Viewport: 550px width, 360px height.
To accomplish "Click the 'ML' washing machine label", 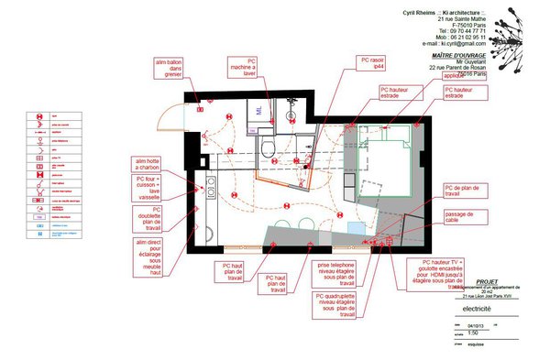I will point(260,109).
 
